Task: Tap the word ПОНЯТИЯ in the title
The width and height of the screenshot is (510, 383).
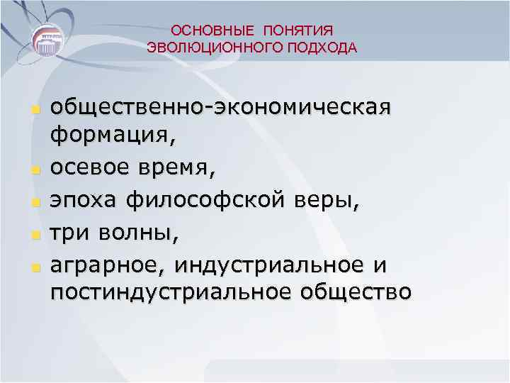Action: coord(298,30)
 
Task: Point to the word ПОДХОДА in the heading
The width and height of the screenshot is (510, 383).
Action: coord(324,48)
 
